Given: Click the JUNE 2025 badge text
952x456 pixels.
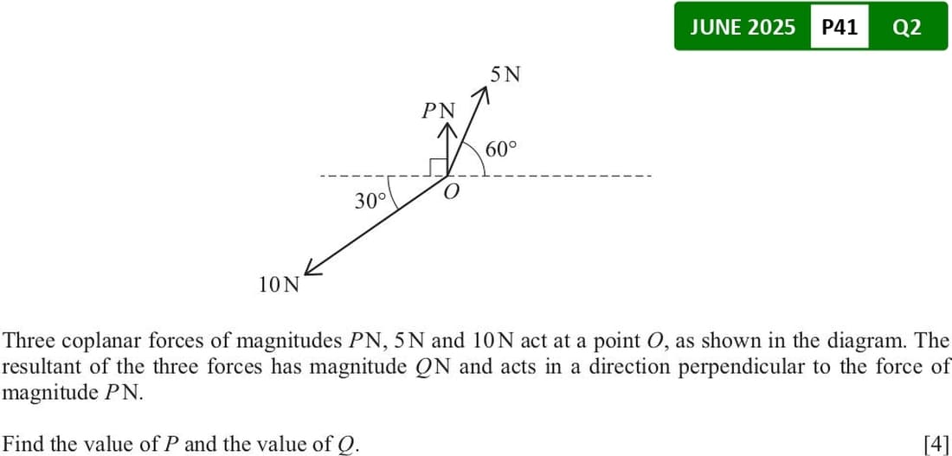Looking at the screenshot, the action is pos(743,27).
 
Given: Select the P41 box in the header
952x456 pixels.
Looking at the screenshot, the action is pos(839,27).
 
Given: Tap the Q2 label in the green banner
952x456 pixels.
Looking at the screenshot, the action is pos(907,28).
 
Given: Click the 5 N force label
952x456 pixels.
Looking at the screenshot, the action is pos(505,74).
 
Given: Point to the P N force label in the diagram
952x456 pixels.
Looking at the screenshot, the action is pos(439,111).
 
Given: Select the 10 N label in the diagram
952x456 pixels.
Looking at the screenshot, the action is pos(280,284).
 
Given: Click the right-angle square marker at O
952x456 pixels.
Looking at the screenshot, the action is pos(439,168).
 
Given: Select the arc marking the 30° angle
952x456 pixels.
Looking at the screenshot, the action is pos(391,193).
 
